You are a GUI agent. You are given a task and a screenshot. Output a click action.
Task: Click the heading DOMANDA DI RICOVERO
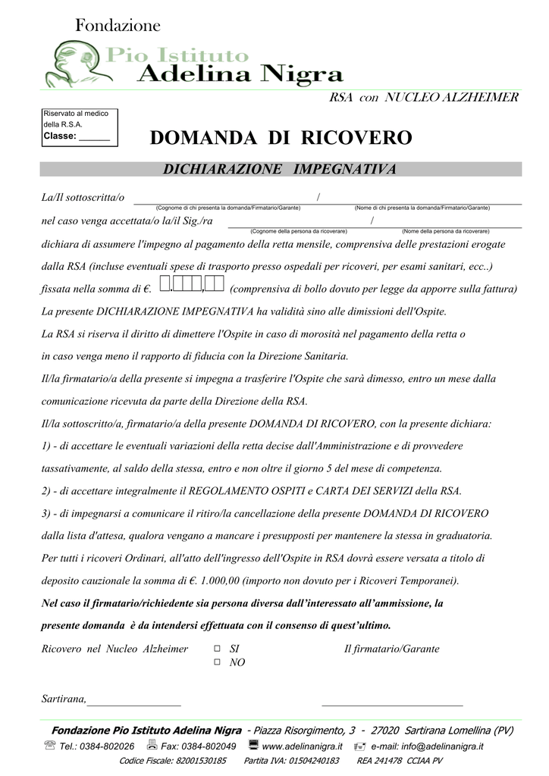pos(281,138)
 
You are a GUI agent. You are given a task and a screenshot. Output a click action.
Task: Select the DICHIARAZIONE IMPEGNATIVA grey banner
pos(281,169)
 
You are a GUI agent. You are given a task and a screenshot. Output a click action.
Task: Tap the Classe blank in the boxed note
pos(94,137)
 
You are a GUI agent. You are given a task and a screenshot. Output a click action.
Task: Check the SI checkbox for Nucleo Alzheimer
pos(217,649)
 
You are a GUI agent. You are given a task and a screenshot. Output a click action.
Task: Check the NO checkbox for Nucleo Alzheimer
pos(217,662)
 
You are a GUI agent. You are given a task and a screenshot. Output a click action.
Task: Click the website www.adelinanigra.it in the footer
pos(302,746)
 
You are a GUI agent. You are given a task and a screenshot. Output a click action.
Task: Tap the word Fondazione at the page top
pos(118,26)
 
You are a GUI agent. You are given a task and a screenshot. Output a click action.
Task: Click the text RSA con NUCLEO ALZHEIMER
pos(423,97)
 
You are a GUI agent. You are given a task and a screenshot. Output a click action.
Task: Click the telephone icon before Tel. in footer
pos(50,746)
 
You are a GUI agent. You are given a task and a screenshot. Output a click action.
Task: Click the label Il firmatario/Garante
pos(391,649)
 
